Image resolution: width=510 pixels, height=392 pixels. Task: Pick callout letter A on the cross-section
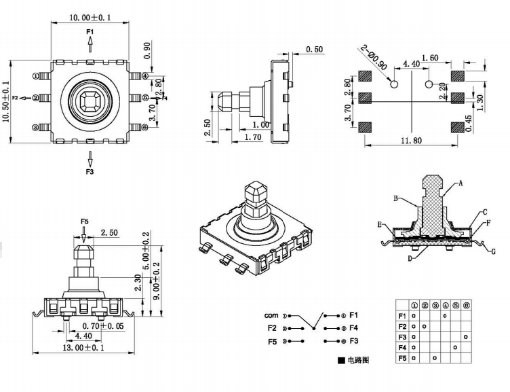(x=461, y=183)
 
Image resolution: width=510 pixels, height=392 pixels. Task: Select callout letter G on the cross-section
(x=493, y=251)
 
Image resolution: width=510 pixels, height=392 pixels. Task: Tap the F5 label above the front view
(x=85, y=221)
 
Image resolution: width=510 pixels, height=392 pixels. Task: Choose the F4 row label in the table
(x=402, y=347)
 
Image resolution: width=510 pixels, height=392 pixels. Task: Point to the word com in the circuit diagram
(x=271, y=316)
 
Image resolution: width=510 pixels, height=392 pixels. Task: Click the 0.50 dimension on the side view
(x=314, y=50)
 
